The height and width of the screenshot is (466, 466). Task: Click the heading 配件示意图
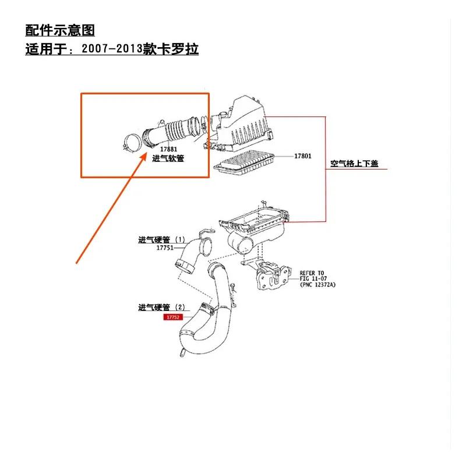(x=60, y=30)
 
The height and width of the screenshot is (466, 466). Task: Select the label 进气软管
(x=168, y=158)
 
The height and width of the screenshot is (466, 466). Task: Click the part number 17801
(x=302, y=156)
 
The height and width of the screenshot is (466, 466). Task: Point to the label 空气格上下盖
(x=354, y=164)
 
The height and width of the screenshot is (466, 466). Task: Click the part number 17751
(x=166, y=248)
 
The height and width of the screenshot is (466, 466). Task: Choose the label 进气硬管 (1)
(x=161, y=239)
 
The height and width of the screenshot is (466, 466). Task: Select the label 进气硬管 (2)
(x=161, y=307)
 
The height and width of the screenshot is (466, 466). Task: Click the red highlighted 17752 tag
(x=173, y=317)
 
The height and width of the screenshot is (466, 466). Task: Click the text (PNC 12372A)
(x=317, y=285)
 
